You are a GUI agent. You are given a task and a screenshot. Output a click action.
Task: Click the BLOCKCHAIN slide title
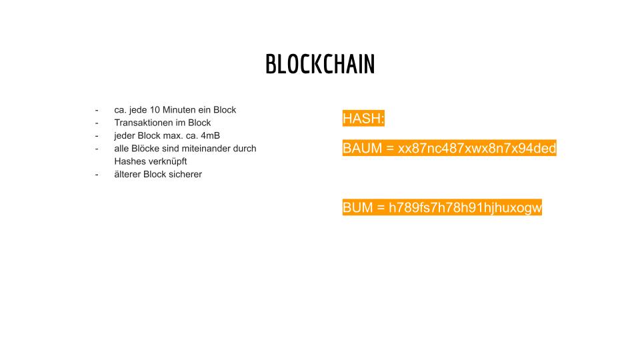click(x=320, y=64)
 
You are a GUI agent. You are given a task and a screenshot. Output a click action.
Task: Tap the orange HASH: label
click(x=363, y=119)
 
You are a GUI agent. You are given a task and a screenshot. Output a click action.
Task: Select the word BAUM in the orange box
click(x=362, y=148)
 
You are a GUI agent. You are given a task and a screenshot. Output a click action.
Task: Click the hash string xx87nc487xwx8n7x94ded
click(x=477, y=148)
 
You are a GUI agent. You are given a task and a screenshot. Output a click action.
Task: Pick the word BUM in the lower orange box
click(x=357, y=207)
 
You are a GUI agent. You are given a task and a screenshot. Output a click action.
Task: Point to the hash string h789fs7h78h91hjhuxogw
click(x=465, y=208)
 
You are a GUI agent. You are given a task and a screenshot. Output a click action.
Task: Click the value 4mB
click(x=210, y=135)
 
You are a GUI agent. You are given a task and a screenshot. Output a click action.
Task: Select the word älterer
click(x=127, y=174)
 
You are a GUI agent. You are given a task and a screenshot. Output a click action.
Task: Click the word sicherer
click(x=187, y=174)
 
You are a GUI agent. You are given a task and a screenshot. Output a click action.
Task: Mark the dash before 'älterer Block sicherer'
click(x=97, y=175)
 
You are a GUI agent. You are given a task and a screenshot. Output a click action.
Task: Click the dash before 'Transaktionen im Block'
click(x=97, y=123)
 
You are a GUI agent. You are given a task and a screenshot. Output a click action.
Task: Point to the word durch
click(x=245, y=149)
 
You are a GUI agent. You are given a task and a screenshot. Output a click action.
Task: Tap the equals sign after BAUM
click(x=390, y=148)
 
